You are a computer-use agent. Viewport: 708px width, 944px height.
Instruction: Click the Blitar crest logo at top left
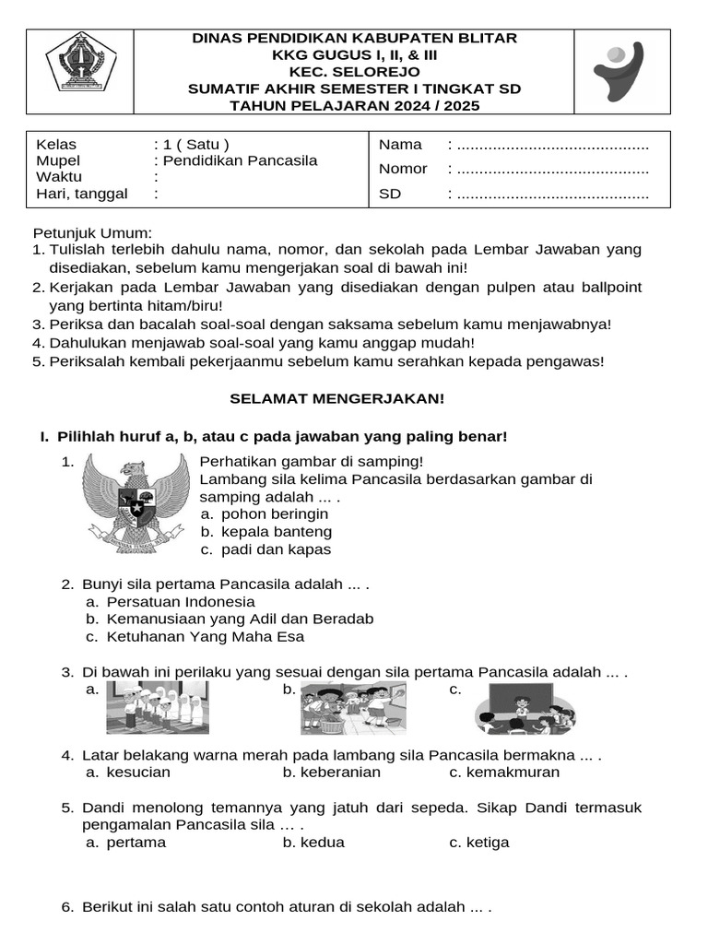click(x=80, y=63)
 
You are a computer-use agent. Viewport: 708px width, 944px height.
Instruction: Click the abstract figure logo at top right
click(x=622, y=68)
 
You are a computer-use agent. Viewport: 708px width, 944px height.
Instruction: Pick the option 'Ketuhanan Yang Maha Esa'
click(x=205, y=636)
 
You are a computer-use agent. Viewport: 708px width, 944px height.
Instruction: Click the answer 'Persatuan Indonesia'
click(x=181, y=601)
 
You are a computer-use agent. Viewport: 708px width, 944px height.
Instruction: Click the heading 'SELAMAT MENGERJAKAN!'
click(x=336, y=398)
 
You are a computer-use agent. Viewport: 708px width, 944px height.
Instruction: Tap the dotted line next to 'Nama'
click(x=553, y=146)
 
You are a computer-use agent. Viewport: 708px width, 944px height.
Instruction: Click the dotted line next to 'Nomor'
click(x=553, y=170)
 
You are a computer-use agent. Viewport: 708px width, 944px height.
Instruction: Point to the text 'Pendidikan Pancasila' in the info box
click(x=239, y=160)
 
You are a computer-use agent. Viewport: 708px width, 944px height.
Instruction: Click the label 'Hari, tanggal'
click(x=81, y=193)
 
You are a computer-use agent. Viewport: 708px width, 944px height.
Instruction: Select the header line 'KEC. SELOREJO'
click(x=354, y=72)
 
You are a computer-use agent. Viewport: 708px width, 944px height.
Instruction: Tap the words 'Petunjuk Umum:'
click(x=92, y=233)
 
